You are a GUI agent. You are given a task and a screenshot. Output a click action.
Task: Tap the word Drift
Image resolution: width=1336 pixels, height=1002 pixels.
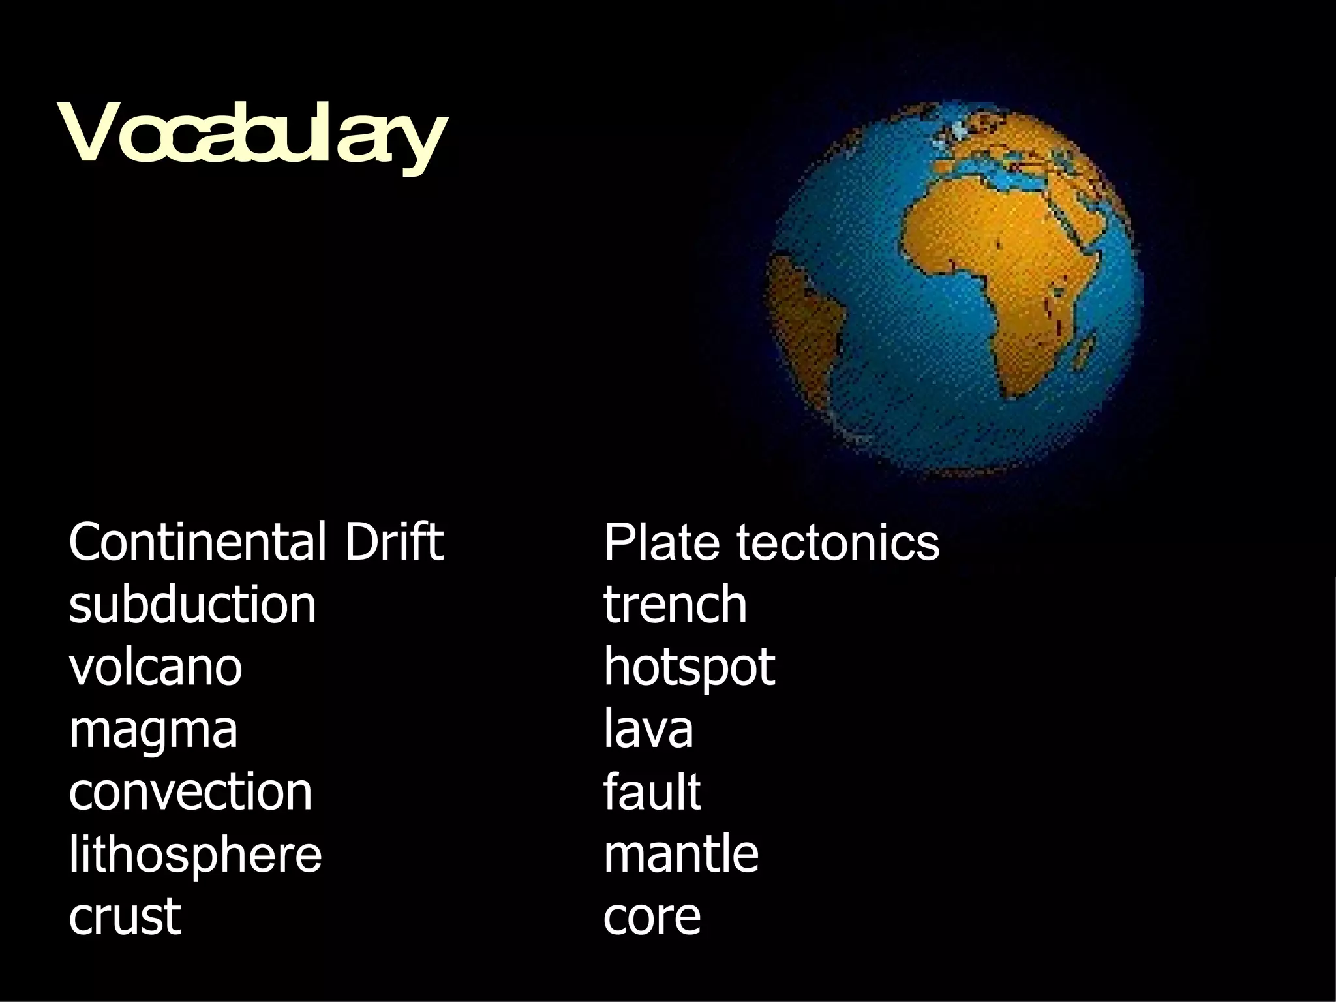tap(393, 542)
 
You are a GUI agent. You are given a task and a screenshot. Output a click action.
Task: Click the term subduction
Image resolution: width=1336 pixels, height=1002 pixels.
tap(192, 605)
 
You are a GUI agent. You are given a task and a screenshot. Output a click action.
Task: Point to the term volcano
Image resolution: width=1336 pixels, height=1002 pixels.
tap(155, 667)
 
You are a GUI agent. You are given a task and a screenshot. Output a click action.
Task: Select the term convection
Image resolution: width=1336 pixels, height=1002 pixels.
tap(190, 792)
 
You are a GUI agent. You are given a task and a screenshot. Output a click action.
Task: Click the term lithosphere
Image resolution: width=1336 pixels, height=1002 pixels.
tap(195, 855)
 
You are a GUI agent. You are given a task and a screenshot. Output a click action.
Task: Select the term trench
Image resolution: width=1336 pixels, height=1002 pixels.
tap(675, 605)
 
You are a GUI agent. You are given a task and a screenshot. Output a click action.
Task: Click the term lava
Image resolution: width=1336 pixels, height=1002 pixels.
tap(648, 729)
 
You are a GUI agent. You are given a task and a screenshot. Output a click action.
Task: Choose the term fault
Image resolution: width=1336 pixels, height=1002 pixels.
tap(652, 792)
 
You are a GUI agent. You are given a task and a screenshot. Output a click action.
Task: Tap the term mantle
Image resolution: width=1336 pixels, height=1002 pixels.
tap(681, 855)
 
